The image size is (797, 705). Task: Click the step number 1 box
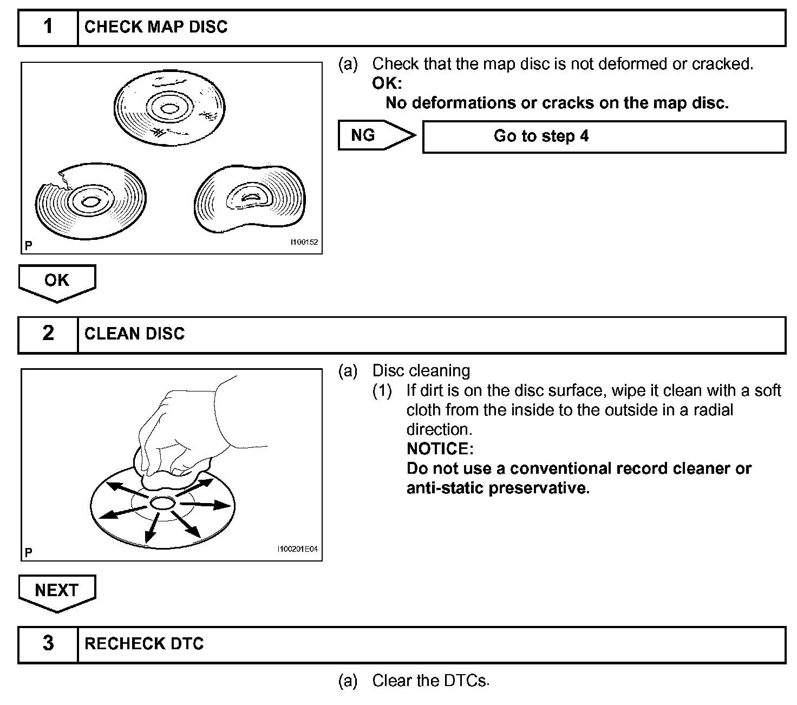48,27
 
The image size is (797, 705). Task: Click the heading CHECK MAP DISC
156,27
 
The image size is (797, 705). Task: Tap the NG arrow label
363,135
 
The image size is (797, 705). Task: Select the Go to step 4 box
603,136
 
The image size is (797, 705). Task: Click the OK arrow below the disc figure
57,280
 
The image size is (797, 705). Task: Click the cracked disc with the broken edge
90,201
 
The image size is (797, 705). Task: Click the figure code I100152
304,242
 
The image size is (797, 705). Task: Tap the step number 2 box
48,334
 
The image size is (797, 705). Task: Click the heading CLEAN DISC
134,334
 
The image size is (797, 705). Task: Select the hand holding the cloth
179,433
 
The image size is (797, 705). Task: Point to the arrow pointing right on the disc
206,505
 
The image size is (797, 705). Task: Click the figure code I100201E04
297,549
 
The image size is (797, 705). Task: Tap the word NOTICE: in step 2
440,449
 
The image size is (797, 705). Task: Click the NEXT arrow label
57,590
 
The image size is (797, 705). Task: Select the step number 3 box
48,644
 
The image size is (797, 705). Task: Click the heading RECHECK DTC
144,644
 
